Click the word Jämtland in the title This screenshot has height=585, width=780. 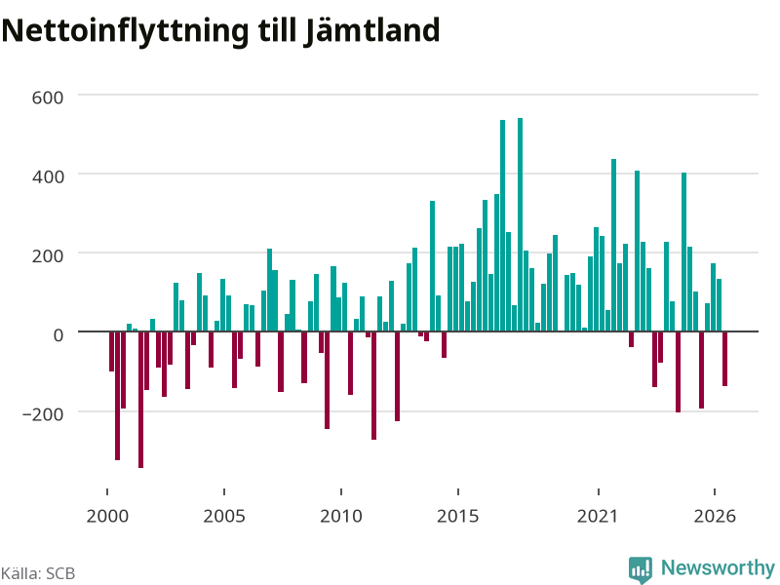(x=371, y=30)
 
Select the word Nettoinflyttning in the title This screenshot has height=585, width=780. (x=125, y=32)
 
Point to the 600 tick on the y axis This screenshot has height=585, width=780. (x=48, y=97)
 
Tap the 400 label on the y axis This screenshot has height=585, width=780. (x=48, y=176)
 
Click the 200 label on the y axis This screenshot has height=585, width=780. (x=48, y=255)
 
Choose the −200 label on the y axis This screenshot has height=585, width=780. (x=43, y=413)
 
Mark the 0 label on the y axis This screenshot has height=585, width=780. (x=58, y=334)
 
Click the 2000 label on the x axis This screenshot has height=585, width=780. (x=107, y=516)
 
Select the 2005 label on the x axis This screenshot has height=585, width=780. (x=224, y=516)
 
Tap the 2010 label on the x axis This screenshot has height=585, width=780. (x=341, y=516)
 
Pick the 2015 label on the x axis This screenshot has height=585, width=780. (x=458, y=516)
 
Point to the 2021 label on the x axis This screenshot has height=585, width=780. (x=598, y=516)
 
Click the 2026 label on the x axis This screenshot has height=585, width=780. (x=715, y=516)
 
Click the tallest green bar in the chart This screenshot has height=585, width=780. (x=521, y=225)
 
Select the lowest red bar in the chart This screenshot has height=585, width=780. (x=140, y=400)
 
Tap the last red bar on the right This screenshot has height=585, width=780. (x=724, y=359)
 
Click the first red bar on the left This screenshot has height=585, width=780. (x=111, y=352)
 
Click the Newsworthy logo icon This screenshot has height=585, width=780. (x=641, y=569)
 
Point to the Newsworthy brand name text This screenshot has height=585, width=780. (x=718, y=567)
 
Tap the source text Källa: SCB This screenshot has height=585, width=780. (x=38, y=573)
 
